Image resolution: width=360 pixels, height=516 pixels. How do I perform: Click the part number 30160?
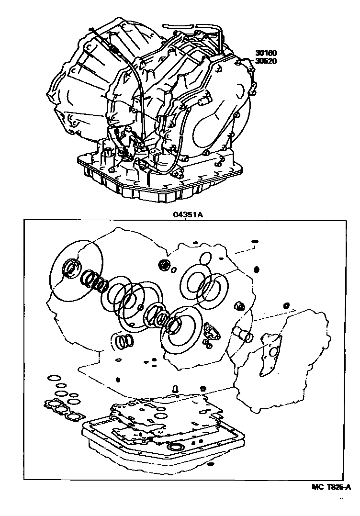(x=266, y=53)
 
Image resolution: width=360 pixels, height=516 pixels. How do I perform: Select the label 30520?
(x=266, y=61)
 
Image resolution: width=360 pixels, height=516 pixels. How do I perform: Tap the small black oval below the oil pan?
(x=211, y=465)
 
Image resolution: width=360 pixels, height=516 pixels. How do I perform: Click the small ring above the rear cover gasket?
(x=287, y=305)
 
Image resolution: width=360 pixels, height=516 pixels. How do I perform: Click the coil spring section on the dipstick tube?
(x=114, y=49)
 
